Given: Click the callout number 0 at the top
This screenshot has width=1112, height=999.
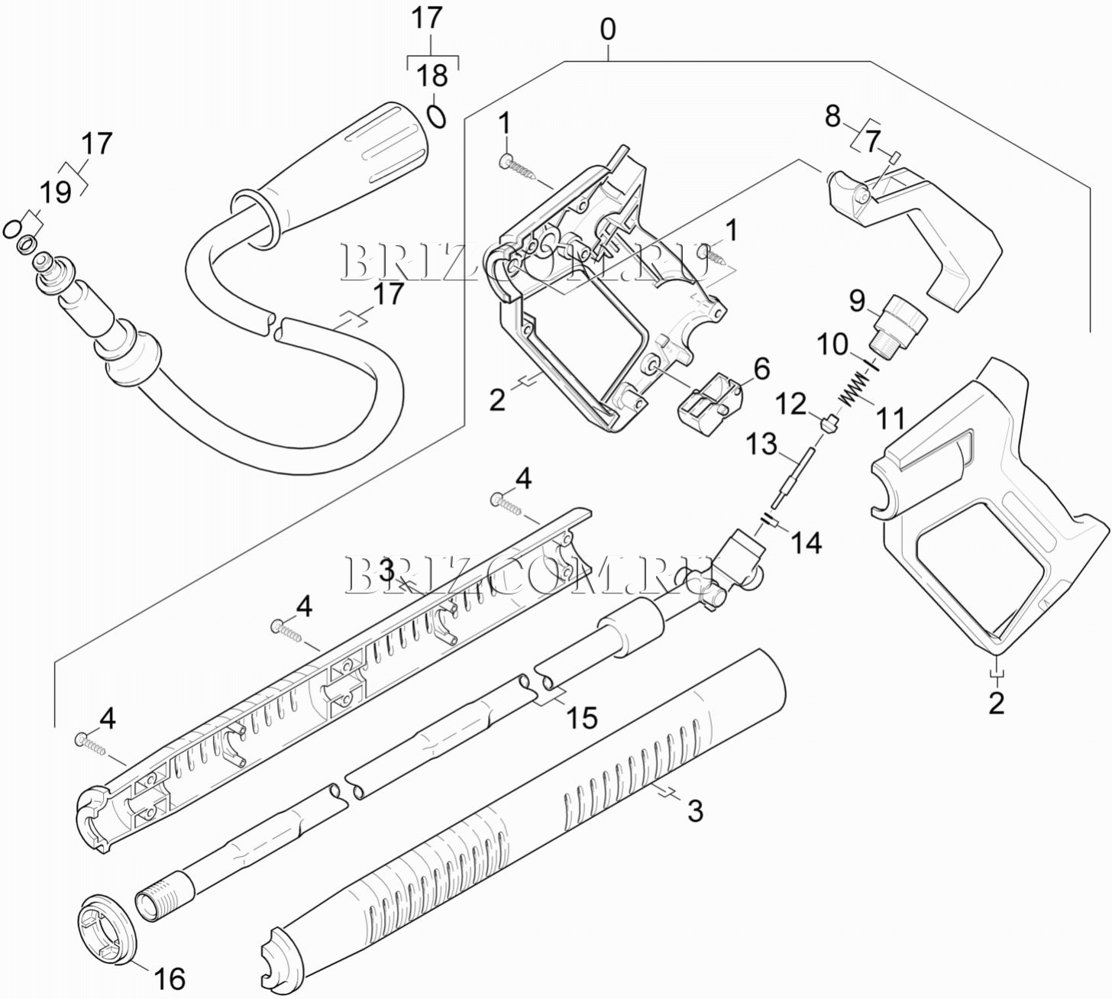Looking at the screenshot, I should pos(607,30).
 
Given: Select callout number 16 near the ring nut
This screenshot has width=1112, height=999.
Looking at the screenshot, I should pos(169,978).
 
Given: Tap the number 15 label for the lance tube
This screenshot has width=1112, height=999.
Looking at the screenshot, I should pos(582,717).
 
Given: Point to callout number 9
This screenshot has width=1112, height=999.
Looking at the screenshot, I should pos(857,300).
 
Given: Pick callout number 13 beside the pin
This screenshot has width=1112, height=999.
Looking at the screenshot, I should pos(761,444).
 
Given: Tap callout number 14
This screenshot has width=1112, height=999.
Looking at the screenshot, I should pos(807,542).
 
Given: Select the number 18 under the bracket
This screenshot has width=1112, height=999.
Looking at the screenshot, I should pos(432,76).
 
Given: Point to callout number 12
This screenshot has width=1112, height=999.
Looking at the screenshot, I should pos(792,403).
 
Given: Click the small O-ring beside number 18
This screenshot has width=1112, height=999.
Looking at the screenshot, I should pos(436,115).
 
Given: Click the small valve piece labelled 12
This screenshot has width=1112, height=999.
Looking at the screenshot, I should pos(829,422).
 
